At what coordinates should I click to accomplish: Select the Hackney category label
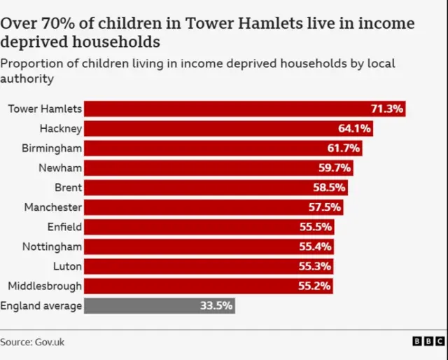(x=61, y=129)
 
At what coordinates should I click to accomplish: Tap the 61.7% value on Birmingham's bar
(x=344, y=148)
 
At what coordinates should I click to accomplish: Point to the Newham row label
(x=60, y=168)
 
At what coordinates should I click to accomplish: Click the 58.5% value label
(x=329, y=188)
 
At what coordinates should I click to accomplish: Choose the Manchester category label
(x=53, y=207)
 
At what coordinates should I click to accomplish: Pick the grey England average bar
(x=159, y=305)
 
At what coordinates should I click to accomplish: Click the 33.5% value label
(x=216, y=305)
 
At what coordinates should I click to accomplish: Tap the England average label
(x=41, y=305)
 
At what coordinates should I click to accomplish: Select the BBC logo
(x=428, y=341)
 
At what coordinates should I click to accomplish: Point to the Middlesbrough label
(x=45, y=286)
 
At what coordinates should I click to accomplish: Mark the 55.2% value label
(x=315, y=286)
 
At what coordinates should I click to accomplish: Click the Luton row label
(x=67, y=266)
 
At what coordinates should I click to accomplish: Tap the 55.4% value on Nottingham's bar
(x=316, y=247)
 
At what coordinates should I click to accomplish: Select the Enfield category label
(x=64, y=227)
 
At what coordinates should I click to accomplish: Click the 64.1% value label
(x=354, y=129)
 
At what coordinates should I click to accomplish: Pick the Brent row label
(x=68, y=188)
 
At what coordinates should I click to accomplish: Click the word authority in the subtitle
(x=27, y=79)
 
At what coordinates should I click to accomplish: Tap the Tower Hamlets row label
(x=45, y=109)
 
